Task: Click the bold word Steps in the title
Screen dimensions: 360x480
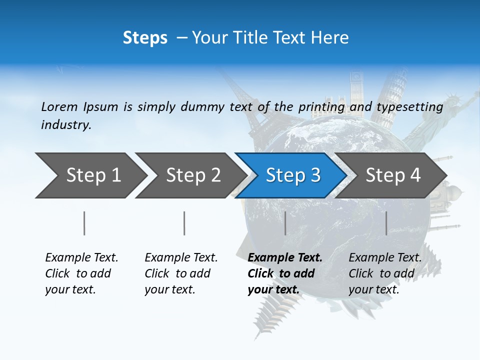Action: pos(145,38)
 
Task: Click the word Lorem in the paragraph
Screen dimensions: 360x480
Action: pos(59,106)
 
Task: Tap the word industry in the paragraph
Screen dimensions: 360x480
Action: pos(66,124)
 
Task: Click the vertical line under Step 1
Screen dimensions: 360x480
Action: pos(84,223)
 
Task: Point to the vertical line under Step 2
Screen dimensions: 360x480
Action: pos(184,223)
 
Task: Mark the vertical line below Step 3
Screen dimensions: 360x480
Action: pos(285,223)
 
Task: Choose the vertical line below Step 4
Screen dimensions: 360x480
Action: pos(386,223)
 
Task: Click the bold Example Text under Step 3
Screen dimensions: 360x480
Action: pos(285,258)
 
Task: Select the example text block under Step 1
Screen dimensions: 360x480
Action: pos(81,273)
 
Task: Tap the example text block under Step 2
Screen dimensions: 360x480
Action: pos(181,273)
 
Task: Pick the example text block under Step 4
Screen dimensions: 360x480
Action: pos(385,273)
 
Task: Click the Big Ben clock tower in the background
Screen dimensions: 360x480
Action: pos(356,90)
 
